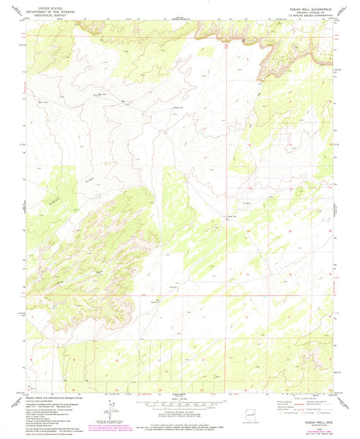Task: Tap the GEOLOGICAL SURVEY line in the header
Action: (x=45, y=13)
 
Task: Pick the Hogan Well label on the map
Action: (x=232, y=218)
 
